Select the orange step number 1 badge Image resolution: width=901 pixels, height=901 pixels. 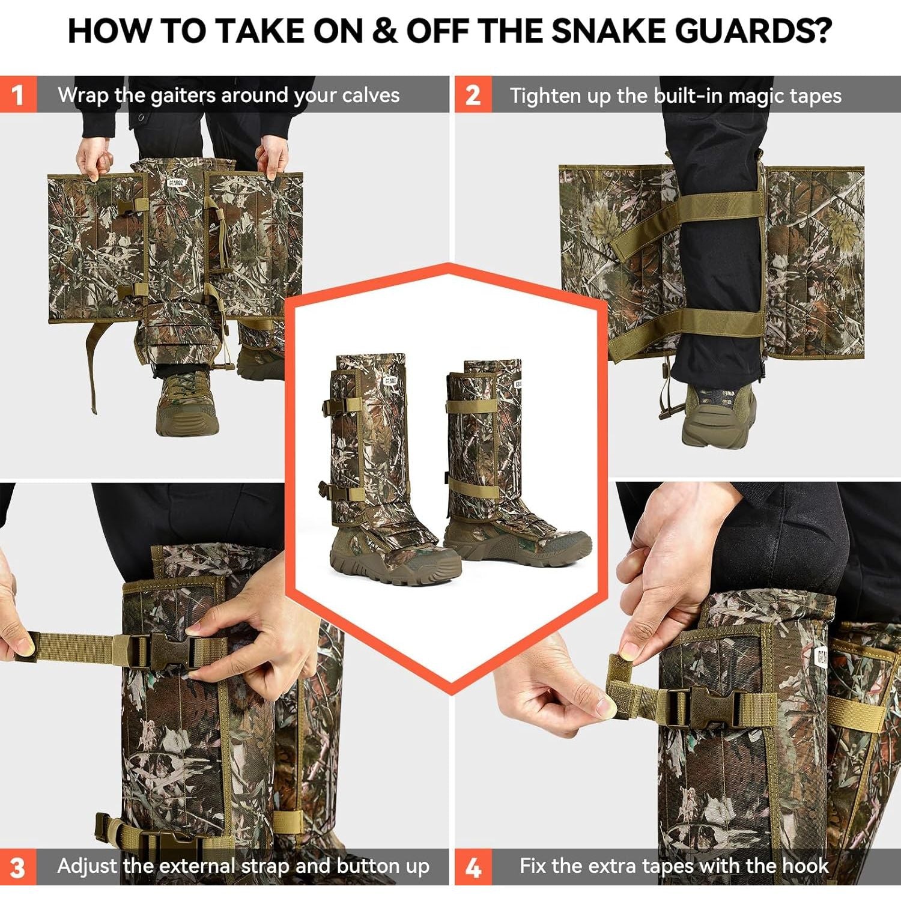[18, 94]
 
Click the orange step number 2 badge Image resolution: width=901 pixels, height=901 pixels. [473, 94]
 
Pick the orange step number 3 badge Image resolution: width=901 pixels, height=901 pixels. [18, 867]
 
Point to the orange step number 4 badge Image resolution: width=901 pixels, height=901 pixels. [473, 867]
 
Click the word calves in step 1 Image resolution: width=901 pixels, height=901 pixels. [371, 95]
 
